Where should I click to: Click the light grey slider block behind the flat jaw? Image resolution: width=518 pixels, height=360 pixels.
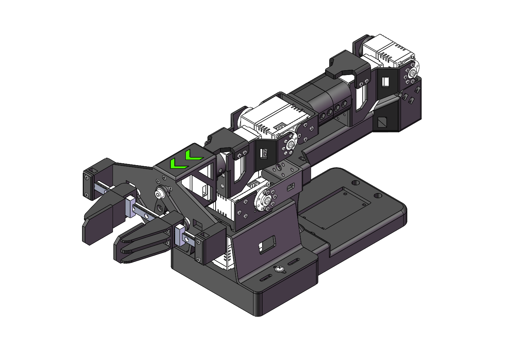[x=131, y=207]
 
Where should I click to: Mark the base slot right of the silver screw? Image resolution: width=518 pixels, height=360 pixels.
[x=293, y=262]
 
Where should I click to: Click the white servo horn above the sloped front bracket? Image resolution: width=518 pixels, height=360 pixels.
[x=264, y=201]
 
